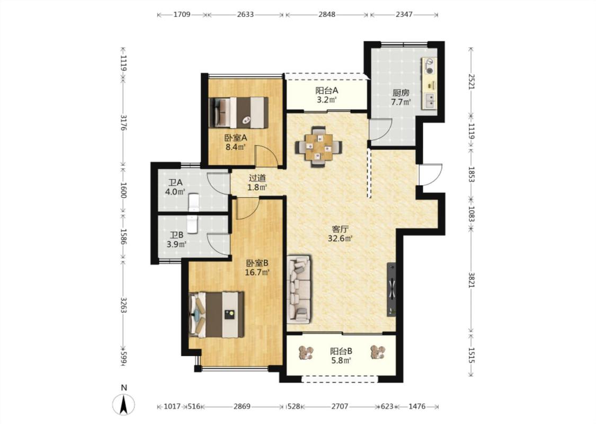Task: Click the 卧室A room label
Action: (x=236, y=137)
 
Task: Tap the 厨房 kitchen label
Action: (x=401, y=92)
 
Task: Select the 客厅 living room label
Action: (x=340, y=229)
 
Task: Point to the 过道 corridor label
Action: (x=257, y=178)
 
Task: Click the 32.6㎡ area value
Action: (x=340, y=239)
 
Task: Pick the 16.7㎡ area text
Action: (x=257, y=272)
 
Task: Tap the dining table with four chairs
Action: (x=318, y=147)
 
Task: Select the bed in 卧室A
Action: (x=239, y=112)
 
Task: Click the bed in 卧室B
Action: (x=216, y=314)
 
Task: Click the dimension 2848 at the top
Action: (x=327, y=14)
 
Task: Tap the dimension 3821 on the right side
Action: (x=472, y=280)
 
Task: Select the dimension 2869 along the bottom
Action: (x=242, y=407)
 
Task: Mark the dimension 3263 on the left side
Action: (x=123, y=305)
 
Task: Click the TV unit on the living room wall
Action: (x=391, y=289)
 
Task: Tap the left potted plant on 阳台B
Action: (x=306, y=352)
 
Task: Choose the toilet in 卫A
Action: (x=193, y=202)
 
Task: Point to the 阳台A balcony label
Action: (x=326, y=91)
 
